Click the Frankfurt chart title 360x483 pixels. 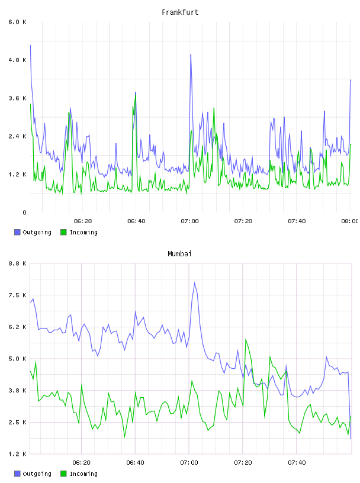tap(180, 12)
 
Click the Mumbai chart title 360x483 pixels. tap(179, 253)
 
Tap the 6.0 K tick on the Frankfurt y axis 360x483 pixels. tap(18, 22)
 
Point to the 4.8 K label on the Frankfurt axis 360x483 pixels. tap(18, 60)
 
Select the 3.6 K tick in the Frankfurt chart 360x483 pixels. tap(18, 98)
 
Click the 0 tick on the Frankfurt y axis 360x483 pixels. tap(24, 212)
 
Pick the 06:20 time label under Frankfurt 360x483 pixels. tap(83, 221)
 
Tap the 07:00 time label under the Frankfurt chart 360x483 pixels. tap(190, 221)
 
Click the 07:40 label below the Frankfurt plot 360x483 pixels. tap(297, 221)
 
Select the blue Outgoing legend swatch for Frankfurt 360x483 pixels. tap(17, 232)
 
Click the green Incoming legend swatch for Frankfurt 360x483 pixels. tap(63, 232)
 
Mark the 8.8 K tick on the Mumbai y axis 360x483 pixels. tap(18, 263)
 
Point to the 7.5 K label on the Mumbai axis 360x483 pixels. tap(18, 295)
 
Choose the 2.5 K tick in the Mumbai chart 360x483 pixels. tap(18, 422)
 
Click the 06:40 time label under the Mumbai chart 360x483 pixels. tap(136, 463)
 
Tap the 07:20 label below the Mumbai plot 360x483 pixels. tap(243, 463)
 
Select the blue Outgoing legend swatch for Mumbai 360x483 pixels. tap(17, 474)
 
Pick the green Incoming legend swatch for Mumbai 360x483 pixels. tap(63, 474)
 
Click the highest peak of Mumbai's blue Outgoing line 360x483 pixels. tap(194, 282)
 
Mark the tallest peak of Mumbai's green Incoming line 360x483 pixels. tap(246, 339)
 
